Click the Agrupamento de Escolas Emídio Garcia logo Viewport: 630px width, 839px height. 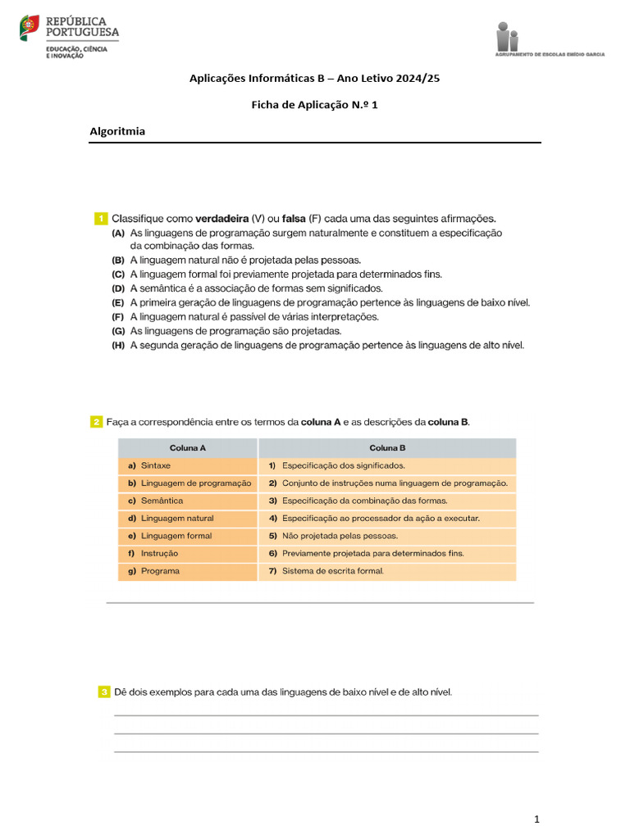coord(550,40)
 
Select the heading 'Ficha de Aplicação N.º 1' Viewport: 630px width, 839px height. coord(314,105)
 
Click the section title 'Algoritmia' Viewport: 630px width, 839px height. coord(116,131)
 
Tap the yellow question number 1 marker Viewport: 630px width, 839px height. coord(101,219)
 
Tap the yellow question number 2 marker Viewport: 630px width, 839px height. coord(97,422)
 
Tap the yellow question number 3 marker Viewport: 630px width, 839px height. coord(104,692)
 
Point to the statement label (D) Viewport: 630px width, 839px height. coord(118,288)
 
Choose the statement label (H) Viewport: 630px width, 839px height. coord(118,345)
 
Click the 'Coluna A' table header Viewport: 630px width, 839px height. coord(188,448)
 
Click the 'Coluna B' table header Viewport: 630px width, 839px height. coord(387,448)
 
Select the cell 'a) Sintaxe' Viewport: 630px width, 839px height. coord(188,465)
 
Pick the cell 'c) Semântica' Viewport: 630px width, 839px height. coord(188,501)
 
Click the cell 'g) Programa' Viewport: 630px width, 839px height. coord(188,571)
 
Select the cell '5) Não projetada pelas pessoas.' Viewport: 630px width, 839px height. coord(387,536)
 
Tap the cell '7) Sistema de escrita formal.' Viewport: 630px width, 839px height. coord(387,571)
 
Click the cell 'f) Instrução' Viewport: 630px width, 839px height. coord(188,553)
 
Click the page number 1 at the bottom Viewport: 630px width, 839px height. coord(536,819)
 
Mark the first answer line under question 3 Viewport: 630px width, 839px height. coord(326,715)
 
